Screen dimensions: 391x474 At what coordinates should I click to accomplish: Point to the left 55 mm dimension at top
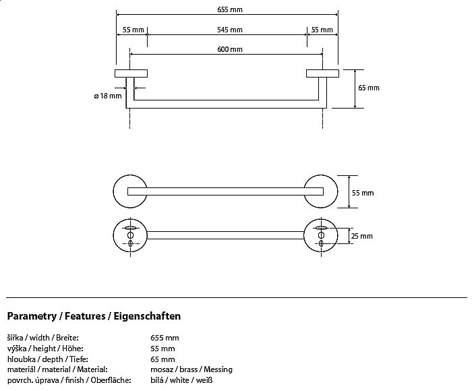[x=131, y=30]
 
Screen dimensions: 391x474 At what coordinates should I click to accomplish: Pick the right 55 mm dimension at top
[x=322, y=30]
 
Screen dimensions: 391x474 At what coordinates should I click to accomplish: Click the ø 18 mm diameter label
[x=107, y=96]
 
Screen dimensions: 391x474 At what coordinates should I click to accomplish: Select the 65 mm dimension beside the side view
[x=368, y=88]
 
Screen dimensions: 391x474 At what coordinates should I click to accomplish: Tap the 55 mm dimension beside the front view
[x=362, y=193]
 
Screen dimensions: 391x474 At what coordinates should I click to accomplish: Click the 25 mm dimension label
[x=361, y=236]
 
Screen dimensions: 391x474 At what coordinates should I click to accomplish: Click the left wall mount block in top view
[x=131, y=73]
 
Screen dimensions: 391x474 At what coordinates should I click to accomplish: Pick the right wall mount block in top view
[x=322, y=73]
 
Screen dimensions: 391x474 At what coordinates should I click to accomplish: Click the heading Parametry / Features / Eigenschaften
[x=94, y=315]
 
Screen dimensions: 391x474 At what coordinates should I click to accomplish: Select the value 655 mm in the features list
[x=165, y=338]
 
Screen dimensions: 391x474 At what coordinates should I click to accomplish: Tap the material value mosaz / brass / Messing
[x=191, y=369]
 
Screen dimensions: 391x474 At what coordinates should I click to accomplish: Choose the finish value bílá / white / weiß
[x=183, y=380]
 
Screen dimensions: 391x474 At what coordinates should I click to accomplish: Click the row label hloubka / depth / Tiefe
[x=47, y=359]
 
